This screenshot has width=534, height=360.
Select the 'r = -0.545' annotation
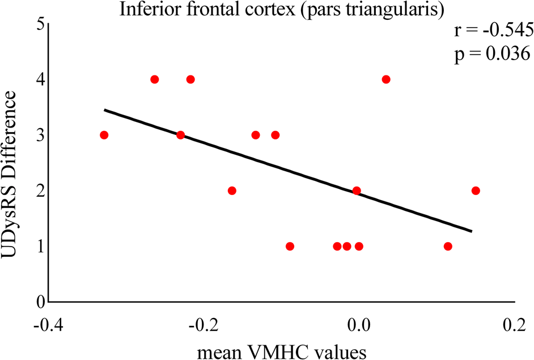pyautogui.click(x=491, y=30)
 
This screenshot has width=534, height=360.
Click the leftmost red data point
pyautogui.click(x=104, y=135)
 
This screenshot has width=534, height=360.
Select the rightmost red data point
pyautogui.click(x=476, y=190)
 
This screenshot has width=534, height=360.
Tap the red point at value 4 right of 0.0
pyautogui.click(x=386, y=79)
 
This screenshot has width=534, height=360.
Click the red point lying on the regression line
pyautogui.click(x=357, y=190)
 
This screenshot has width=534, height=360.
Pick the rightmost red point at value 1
pyautogui.click(x=448, y=246)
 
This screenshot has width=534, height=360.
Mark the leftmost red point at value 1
pyautogui.click(x=290, y=246)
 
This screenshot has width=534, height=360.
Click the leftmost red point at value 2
pyautogui.click(x=232, y=190)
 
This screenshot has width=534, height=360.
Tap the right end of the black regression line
pyautogui.click(x=471, y=231)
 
